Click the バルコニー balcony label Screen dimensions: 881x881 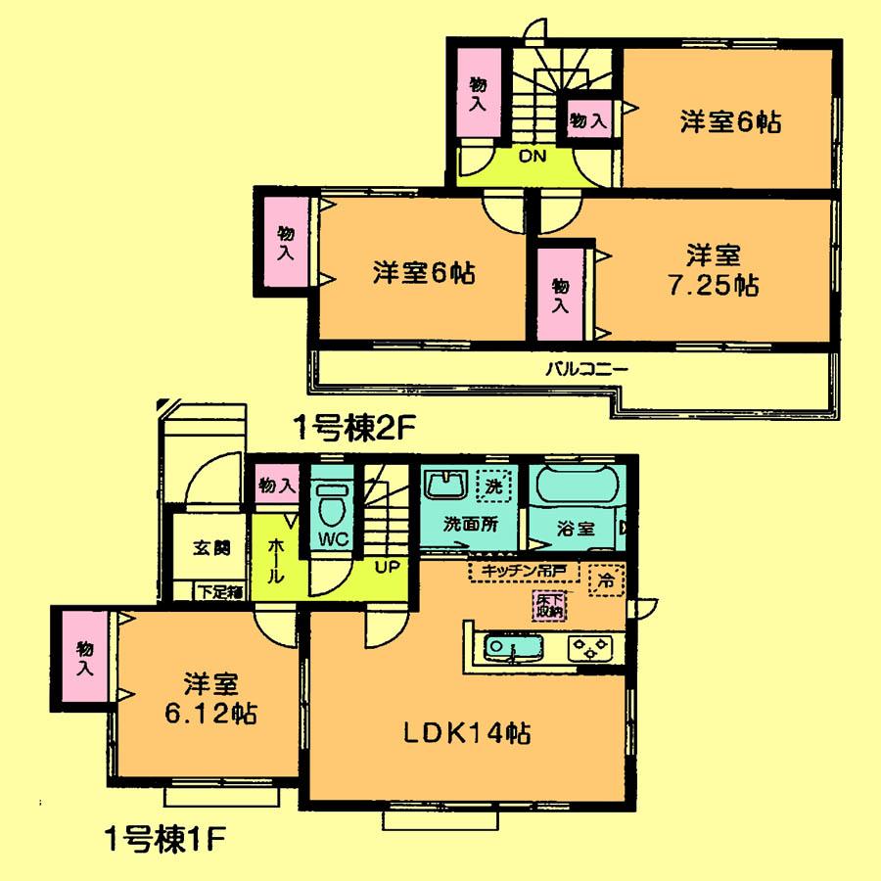tap(586, 370)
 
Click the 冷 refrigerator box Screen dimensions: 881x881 tap(608, 580)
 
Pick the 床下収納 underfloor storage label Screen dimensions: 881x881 tap(549, 606)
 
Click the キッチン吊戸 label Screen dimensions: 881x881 tap(524, 569)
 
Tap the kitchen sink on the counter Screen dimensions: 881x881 tap(503, 646)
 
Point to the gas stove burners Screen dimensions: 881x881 tap(590, 646)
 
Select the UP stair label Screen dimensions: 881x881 tap(385, 567)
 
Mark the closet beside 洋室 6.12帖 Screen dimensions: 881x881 tap(84, 657)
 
